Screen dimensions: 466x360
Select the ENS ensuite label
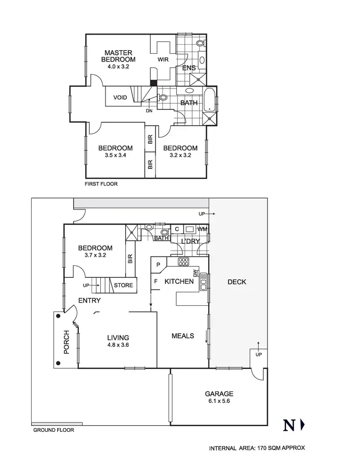tap(189, 68)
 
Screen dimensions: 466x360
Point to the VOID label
tap(120, 98)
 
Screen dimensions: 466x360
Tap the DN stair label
tap(149, 111)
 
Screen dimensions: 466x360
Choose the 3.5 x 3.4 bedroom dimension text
tap(115, 155)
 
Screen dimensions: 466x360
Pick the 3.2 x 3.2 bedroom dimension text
tap(180, 155)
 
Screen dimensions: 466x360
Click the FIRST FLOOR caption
tap(101, 184)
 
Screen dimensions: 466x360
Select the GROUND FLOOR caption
tap(53, 430)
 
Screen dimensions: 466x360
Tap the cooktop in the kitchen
tap(184, 262)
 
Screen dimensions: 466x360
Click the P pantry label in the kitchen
tap(157, 264)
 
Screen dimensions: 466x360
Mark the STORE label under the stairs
tap(123, 286)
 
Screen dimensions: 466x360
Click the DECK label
tap(237, 282)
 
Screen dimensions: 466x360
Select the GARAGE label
tap(219, 394)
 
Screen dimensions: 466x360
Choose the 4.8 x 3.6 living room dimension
tap(118, 344)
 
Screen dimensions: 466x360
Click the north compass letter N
tap(288, 425)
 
